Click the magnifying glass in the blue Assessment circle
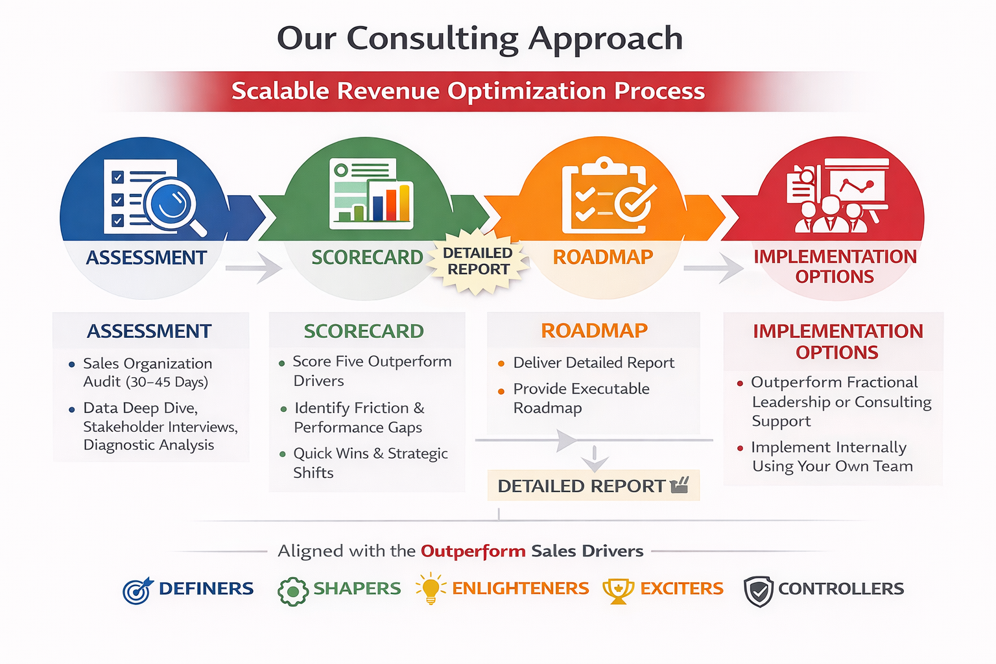173,206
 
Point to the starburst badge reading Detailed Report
477,261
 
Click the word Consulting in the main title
433,39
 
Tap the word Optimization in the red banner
527,91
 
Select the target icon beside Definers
138,590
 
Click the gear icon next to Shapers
293,591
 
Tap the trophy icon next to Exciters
619,591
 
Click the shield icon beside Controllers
759,591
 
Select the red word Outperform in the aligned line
473,551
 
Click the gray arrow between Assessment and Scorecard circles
254,268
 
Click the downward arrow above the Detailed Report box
595,459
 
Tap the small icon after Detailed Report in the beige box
680,485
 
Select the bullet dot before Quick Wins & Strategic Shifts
282,455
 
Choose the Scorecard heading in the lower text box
364,331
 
